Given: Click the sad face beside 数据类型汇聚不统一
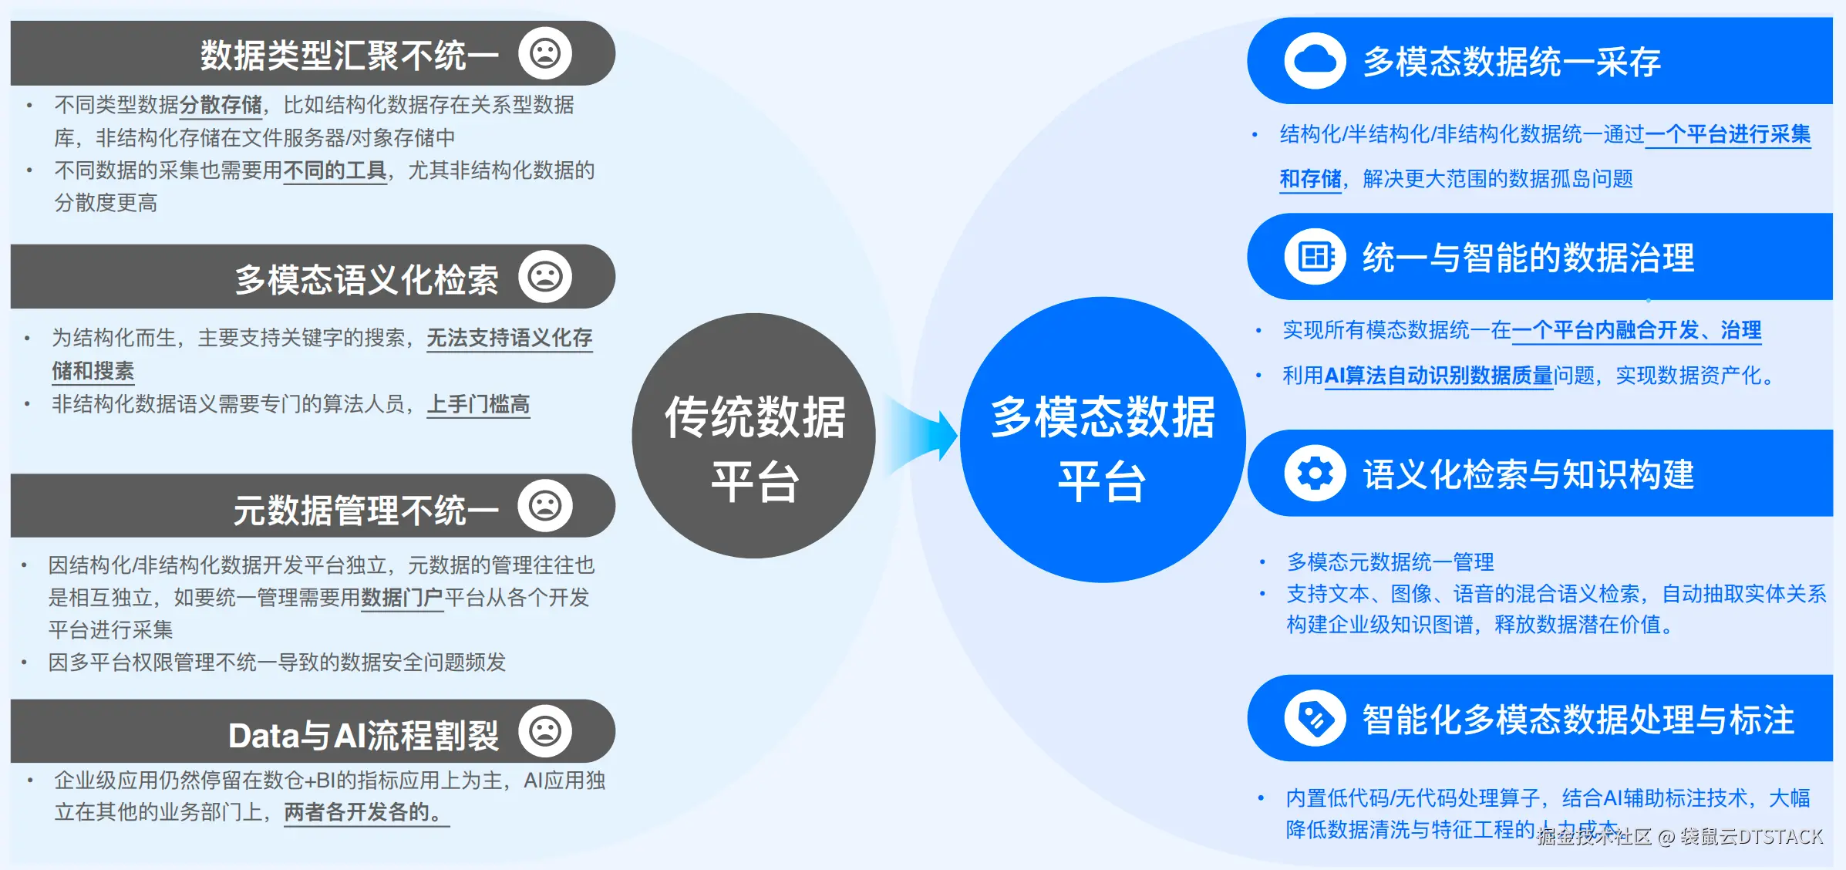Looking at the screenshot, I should coord(544,53).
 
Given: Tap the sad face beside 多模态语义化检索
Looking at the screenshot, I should coord(544,276).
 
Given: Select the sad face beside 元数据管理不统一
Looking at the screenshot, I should coord(544,506).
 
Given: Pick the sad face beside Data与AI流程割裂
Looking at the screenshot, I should coord(544,731).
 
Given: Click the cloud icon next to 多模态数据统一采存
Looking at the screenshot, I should coord(1315,60).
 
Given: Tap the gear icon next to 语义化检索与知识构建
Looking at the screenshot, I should coord(1315,473).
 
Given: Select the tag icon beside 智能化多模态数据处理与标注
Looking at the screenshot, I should coord(1315,718).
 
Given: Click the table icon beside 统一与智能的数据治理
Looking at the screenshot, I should coord(1315,257).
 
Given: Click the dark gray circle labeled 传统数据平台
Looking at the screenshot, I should coord(753,436).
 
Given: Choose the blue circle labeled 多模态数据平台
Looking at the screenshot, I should coord(1102,440).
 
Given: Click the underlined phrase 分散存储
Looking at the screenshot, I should coord(221,105).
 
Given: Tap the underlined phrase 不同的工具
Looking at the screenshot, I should coord(335,170).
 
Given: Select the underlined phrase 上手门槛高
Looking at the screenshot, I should coord(479,404).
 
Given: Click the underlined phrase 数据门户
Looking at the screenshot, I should coord(402,598).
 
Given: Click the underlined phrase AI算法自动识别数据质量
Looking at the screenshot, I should coord(1438,376).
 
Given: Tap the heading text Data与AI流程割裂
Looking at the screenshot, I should coord(363,735).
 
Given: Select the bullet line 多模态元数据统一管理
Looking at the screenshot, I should coord(1390,561).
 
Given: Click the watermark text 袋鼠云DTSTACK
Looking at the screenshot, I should coord(1751,837).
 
